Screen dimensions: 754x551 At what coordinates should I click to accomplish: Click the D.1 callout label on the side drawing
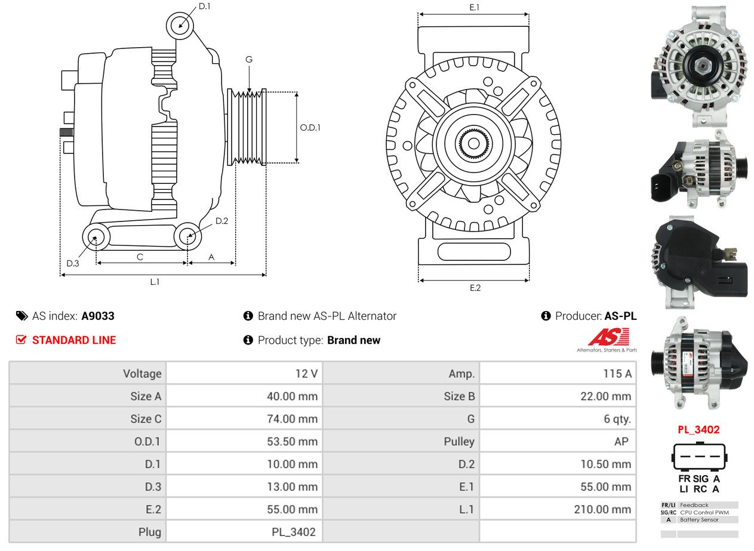(x=204, y=6)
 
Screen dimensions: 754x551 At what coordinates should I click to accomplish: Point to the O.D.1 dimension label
(x=310, y=128)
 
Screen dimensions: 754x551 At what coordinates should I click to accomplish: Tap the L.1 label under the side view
(x=155, y=282)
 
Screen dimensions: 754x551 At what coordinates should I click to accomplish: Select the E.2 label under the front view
(x=475, y=288)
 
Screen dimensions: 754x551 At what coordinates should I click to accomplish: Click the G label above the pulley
(x=249, y=60)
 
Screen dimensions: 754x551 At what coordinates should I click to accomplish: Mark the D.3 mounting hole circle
(x=96, y=237)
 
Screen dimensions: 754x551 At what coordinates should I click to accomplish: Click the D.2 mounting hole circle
(x=188, y=236)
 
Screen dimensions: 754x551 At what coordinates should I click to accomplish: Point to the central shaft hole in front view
(x=473, y=144)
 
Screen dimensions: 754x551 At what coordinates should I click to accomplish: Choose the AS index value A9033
(x=98, y=316)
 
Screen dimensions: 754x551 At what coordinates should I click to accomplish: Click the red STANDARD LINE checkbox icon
(x=21, y=340)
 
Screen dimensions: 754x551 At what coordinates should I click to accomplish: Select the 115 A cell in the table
(x=617, y=374)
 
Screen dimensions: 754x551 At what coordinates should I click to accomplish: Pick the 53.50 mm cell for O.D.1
(x=292, y=442)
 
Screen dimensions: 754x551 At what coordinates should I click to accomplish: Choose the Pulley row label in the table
(x=459, y=442)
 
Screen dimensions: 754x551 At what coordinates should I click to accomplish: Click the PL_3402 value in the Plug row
(x=294, y=532)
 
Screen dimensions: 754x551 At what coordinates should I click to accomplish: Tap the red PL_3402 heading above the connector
(x=698, y=429)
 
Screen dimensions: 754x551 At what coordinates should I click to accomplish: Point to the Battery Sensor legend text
(x=699, y=520)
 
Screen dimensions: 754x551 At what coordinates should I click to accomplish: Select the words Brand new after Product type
(x=353, y=340)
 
